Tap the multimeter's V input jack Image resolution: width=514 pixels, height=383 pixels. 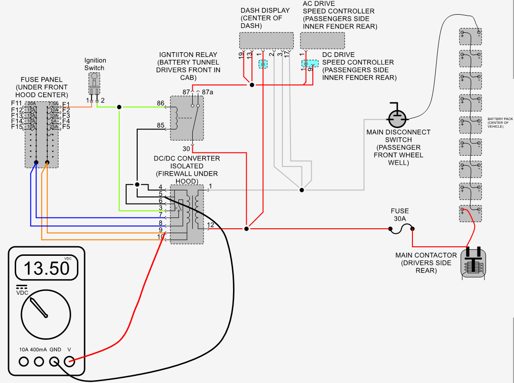point(70,362)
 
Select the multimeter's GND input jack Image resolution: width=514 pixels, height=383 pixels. point(55,362)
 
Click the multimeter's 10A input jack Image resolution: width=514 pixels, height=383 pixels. point(24,362)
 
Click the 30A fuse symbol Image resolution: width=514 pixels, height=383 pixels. point(401,229)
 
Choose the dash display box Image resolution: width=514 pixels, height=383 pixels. point(266,41)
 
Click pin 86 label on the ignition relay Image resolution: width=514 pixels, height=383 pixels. point(160,103)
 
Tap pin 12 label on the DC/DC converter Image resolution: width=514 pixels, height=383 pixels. point(211,224)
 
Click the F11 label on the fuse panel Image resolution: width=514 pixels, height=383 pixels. point(17,103)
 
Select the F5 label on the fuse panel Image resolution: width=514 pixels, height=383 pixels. point(66,127)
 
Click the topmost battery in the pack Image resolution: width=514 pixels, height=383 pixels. point(470,36)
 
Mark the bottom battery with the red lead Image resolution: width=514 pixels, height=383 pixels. point(470,213)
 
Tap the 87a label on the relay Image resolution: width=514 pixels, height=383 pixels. point(208,91)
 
